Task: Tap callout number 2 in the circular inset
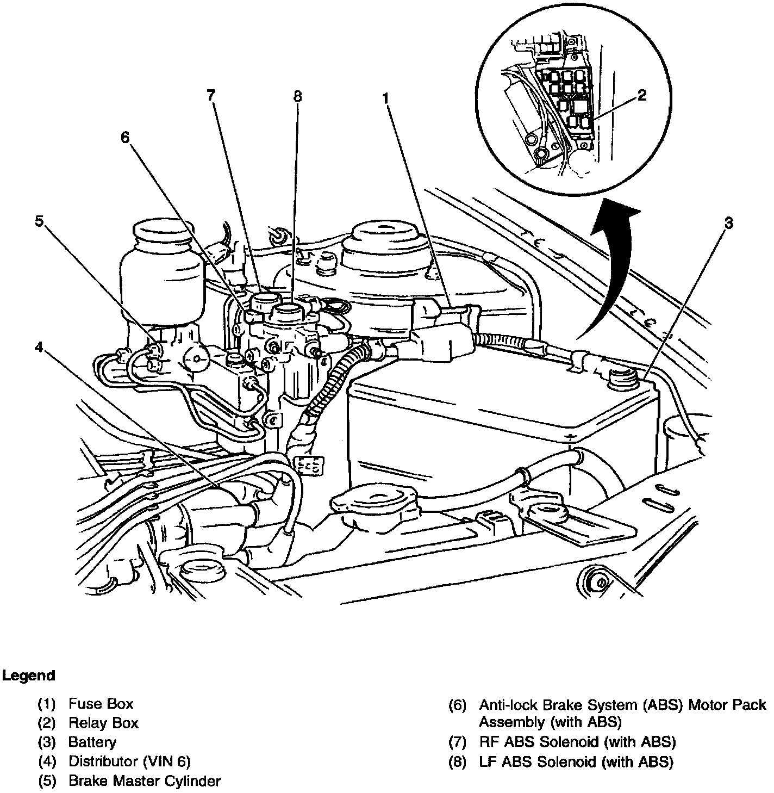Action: [642, 96]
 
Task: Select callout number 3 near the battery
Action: [728, 222]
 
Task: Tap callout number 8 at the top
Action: [297, 97]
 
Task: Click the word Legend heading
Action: [29, 676]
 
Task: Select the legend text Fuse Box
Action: [101, 704]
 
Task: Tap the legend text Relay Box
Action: [103, 723]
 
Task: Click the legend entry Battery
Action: [92, 742]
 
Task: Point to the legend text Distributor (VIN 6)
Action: [129, 761]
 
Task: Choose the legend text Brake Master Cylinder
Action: [145, 781]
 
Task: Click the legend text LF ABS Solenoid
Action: [576, 762]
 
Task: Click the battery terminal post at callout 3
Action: [619, 375]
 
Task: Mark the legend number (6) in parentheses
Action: [457, 705]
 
